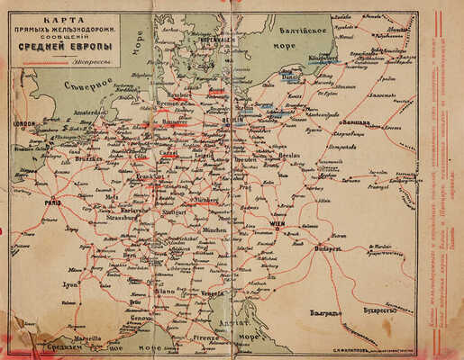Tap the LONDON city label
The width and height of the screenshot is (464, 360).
tap(23, 124)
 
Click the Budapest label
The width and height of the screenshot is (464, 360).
tap(329, 247)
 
